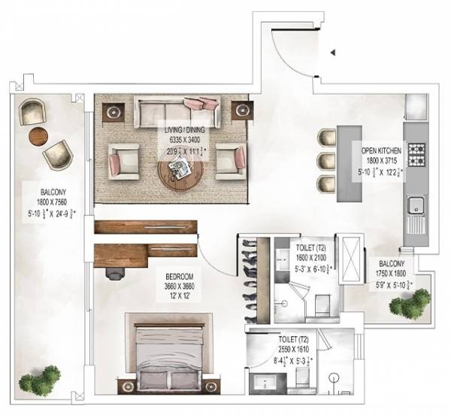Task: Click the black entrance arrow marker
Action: (333, 53)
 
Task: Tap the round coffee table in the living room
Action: (180, 174)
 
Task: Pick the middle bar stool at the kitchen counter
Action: (324, 160)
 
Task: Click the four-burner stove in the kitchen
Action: (416, 153)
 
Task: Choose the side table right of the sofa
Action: (242, 110)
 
